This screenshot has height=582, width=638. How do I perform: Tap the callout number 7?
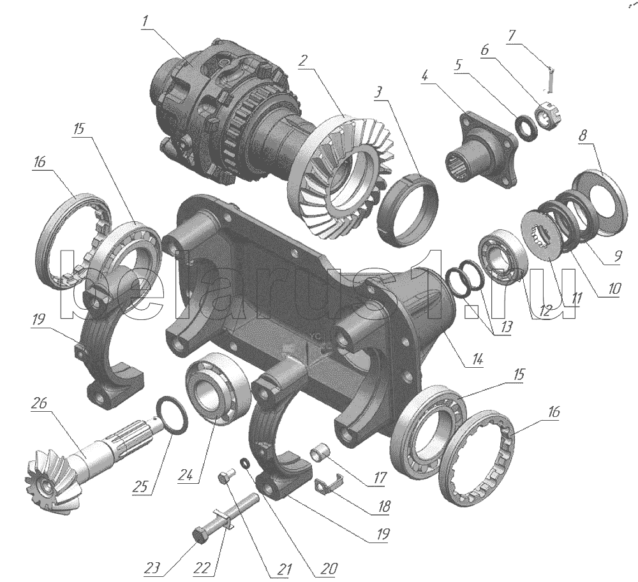coord(512,36)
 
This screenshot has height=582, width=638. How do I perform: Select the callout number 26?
coord(40,403)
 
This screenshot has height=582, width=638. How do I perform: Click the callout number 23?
coord(152,568)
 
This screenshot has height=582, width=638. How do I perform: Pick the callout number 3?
coord(378,92)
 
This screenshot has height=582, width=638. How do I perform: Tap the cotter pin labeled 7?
coord(549,79)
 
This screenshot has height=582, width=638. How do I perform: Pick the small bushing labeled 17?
coord(321,454)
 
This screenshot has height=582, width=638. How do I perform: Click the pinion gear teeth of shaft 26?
coord(49,479)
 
